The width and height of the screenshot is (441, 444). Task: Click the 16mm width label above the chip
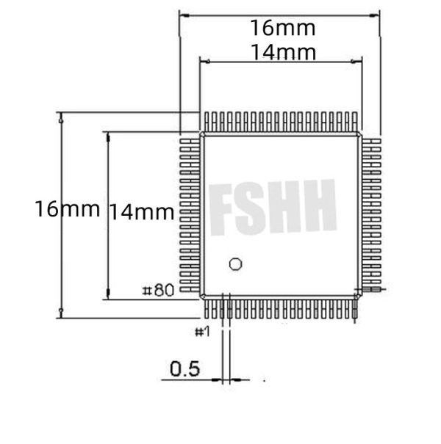(282, 29)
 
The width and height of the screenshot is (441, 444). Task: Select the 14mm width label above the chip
(282, 53)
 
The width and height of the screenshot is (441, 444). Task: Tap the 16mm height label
(66, 208)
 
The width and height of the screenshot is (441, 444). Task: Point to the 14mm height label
(141, 213)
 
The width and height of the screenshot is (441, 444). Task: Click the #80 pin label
(157, 291)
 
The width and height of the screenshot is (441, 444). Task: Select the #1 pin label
(202, 332)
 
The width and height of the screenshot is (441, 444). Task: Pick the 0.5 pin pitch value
(184, 368)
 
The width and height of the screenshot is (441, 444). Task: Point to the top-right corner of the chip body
(359, 135)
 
